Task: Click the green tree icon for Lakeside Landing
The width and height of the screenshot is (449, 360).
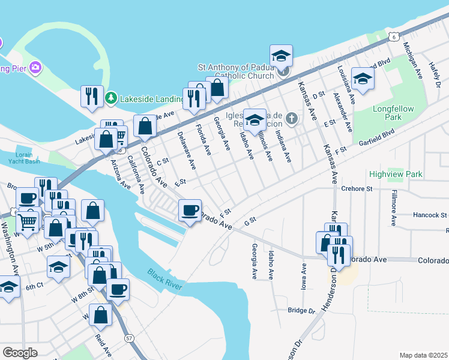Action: point(110,98)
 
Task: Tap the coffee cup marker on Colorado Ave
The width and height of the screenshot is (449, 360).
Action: point(190,211)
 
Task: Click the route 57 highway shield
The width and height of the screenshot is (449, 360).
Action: point(129,338)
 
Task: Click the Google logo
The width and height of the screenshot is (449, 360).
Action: point(20,353)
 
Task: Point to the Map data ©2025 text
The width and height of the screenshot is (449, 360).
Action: point(423,355)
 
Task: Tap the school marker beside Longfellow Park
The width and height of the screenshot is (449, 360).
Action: point(363,79)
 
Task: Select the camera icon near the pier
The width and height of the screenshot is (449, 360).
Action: point(35,67)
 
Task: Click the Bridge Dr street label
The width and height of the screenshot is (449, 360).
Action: point(301,311)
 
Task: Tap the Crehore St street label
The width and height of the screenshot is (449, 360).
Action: point(357,188)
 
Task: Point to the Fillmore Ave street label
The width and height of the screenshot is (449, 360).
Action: point(393,208)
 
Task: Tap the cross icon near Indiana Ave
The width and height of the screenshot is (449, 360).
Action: point(292,118)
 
